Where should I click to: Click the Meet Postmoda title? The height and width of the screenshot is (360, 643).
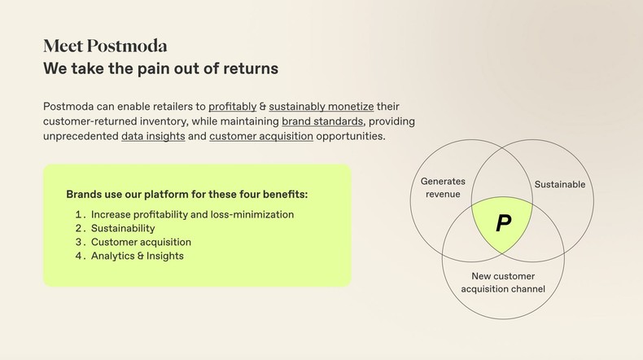pyautogui.click(x=105, y=46)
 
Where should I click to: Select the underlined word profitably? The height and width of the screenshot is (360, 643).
pyautogui.click(x=232, y=106)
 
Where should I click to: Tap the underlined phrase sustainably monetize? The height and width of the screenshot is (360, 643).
pyautogui.click(x=322, y=106)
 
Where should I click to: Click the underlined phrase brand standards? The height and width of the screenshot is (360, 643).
pyautogui.click(x=322, y=121)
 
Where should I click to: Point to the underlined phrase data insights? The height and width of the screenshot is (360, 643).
pyautogui.click(x=153, y=136)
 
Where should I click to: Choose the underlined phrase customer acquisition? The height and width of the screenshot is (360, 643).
pyautogui.click(x=261, y=136)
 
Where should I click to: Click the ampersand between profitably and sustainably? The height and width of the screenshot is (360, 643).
pyautogui.click(x=262, y=106)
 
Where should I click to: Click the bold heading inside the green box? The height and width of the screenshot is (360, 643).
pyautogui.click(x=186, y=195)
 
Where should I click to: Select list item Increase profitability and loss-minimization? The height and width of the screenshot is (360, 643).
pyautogui.click(x=192, y=214)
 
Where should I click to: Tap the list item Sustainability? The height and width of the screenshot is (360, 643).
pyautogui.click(x=123, y=228)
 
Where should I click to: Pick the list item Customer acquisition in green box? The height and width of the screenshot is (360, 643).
pyautogui.click(x=141, y=242)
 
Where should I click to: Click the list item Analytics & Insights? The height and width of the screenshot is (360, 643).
pyautogui.click(x=138, y=256)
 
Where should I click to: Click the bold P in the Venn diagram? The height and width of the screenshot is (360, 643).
pyautogui.click(x=503, y=223)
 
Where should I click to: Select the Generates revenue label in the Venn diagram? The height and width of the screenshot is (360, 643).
pyautogui.click(x=442, y=187)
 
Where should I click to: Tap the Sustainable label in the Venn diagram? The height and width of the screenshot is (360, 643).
pyautogui.click(x=559, y=184)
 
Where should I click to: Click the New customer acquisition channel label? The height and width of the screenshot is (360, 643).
pyautogui.click(x=503, y=283)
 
